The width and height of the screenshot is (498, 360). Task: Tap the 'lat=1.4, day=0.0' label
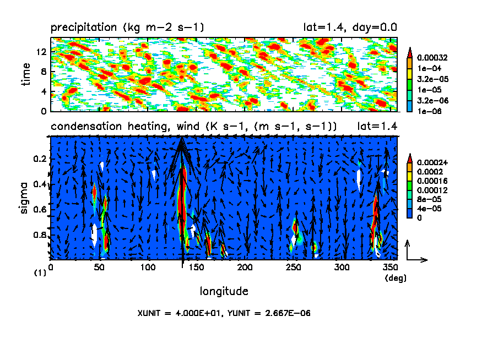pos(350,27)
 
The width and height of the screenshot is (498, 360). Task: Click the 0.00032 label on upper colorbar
pos(433,57)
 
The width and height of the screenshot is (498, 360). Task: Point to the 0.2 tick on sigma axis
pos(40,159)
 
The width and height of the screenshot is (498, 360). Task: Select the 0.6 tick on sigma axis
pos(40,209)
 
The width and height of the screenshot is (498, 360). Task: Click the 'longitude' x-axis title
pos(224,291)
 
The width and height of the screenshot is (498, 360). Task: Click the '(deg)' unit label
pos(396,278)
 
